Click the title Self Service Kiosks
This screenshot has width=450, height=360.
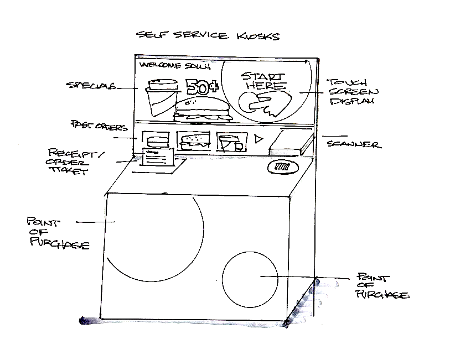click(x=208, y=36)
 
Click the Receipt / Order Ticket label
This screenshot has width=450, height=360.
click(x=69, y=161)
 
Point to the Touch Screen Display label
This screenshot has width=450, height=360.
click(x=351, y=91)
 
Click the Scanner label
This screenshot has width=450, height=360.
click(x=353, y=145)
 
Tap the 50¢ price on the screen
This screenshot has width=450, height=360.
click(x=200, y=87)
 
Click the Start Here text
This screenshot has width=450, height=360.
click(x=265, y=81)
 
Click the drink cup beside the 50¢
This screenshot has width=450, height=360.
click(x=161, y=96)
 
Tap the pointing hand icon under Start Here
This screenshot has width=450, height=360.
click(x=265, y=104)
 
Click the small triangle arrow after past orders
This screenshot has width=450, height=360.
click(x=258, y=139)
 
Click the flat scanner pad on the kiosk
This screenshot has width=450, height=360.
click(x=289, y=143)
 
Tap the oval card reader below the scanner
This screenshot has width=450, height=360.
click(x=282, y=166)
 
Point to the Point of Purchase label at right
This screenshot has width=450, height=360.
click(x=382, y=286)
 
